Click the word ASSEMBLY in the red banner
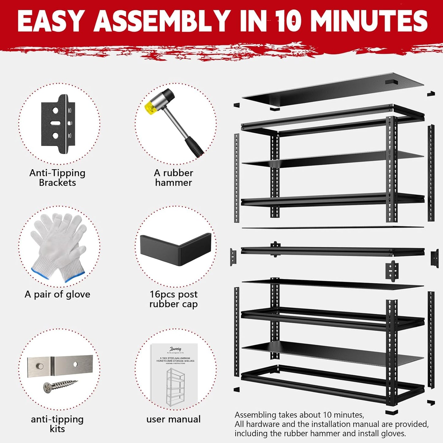162,21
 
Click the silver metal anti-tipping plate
60,365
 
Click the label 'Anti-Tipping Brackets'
57,178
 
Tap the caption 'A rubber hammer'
174,178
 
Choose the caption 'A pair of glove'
57,294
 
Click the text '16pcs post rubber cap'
174,299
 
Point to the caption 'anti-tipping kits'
57,424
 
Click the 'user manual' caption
174,419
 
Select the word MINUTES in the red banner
369,21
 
